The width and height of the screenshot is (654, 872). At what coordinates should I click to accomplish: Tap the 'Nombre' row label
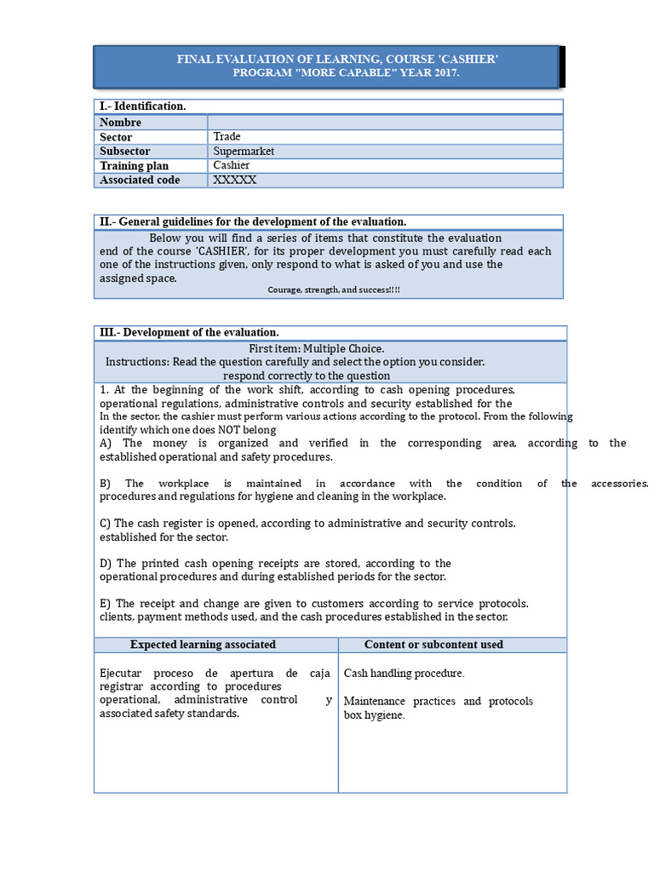tap(120, 123)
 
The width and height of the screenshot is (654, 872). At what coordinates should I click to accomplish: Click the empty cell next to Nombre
tap(385, 123)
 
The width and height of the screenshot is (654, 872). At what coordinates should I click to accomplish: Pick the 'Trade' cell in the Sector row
tap(227, 137)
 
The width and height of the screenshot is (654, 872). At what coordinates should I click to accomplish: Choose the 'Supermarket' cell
tap(244, 152)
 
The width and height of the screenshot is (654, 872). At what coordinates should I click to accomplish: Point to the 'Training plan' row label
tap(134, 166)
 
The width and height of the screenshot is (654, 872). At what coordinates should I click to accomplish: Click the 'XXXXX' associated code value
tap(235, 181)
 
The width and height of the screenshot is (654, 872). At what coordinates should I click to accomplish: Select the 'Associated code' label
tap(140, 181)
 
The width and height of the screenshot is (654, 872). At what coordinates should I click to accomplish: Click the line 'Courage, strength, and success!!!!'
tap(334, 290)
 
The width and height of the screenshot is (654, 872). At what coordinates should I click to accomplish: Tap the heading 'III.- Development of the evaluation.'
tap(189, 332)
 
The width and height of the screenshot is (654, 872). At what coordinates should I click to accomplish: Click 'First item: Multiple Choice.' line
tap(316, 348)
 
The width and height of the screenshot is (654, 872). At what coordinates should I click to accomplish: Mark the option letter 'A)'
tap(106, 444)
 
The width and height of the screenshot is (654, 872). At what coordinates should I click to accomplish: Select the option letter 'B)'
tap(106, 484)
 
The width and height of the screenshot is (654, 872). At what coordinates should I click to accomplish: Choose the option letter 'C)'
tap(106, 524)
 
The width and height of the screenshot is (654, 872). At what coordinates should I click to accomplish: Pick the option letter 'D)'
tap(106, 564)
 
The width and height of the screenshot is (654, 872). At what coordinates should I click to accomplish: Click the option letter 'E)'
tap(106, 604)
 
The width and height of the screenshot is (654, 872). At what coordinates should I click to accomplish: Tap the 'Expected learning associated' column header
tap(203, 645)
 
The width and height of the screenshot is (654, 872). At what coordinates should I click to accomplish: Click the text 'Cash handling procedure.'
tap(404, 674)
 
